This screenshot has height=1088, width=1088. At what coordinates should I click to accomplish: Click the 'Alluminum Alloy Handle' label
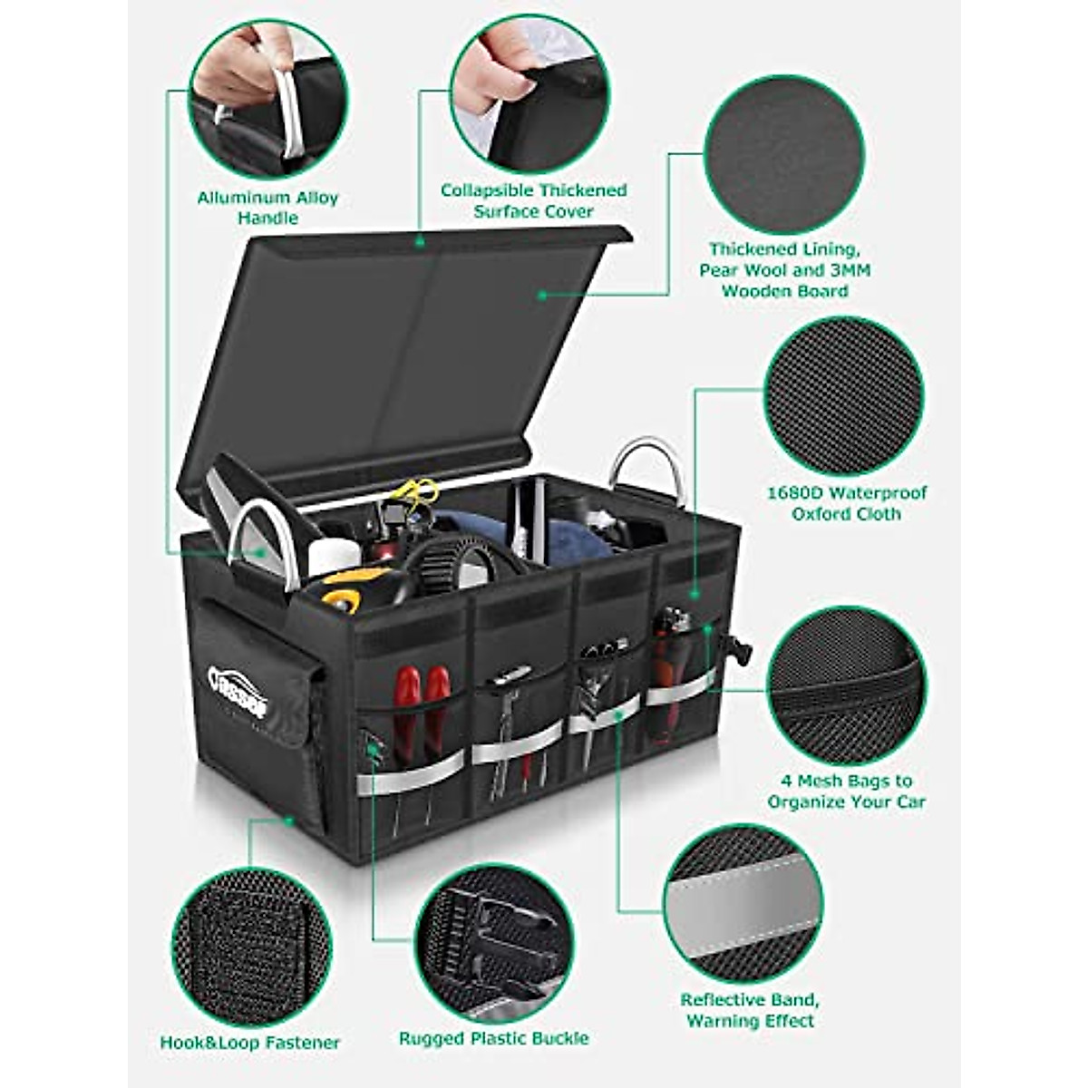click(x=267, y=208)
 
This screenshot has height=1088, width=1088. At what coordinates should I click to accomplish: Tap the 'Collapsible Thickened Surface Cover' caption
click(x=533, y=200)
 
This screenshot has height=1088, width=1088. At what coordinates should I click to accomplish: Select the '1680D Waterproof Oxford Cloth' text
click(x=846, y=503)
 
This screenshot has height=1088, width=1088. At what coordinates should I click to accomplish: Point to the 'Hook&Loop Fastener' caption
click(x=250, y=1043)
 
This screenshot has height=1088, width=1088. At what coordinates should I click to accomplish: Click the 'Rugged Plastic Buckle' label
click(x=494, y=1038)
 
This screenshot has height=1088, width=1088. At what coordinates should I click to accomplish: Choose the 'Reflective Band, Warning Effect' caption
click(x=750, y=1010)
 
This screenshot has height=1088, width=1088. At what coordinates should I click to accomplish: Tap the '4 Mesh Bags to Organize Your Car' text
click(x=846, y=791)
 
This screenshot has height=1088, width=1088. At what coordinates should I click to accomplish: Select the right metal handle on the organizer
click(x=646, y=467)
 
